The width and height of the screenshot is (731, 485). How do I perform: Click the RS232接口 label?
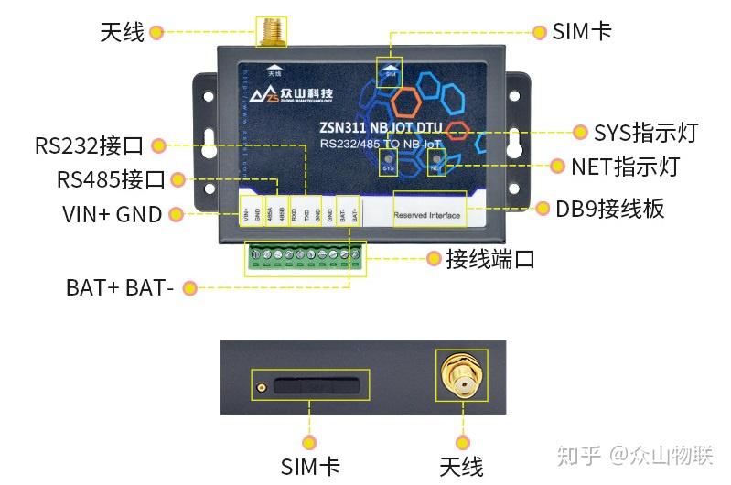(89, 145)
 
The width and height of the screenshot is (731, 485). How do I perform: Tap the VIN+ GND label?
(112, 214)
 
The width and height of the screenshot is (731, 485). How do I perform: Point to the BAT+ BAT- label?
(119, 287)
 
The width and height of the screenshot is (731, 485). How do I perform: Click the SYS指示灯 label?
(645, 133)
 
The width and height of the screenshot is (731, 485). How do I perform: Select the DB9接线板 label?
(609, 209)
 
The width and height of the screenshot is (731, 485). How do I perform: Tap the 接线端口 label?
(489, 259)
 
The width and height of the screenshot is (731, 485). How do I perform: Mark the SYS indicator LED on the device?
(388, 159)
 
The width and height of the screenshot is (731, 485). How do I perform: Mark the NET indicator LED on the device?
(436, 159)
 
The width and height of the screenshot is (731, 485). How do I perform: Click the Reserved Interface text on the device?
(428, 216)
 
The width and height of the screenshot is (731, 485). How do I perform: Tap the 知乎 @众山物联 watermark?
(644, 455)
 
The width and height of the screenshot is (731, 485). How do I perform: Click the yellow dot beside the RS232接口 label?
(157, 145)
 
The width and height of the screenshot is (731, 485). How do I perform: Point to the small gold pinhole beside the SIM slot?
(260, 387)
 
